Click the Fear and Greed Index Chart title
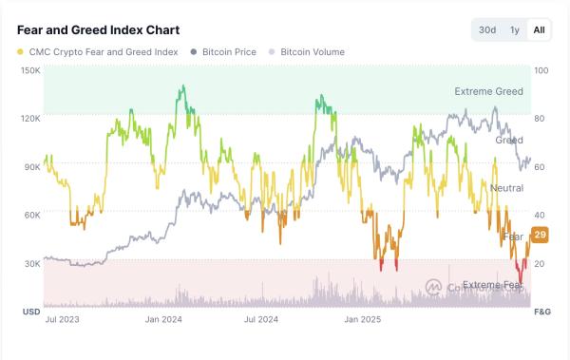tap(85, 30)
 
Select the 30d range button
tap(487, 30)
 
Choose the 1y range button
tap(515, 30)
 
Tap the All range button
tap(539, 30)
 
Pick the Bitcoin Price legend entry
tap(223, 52)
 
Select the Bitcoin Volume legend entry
tap(307, 52)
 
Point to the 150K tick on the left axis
tap(29, 70)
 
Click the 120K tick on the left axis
tap(29, 119)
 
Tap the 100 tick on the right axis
tap(541, 70)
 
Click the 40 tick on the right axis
tap(541, 215)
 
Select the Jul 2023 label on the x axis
tap(63, 321)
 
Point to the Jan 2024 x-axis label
tap(164, 321)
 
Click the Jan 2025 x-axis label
tap(362, 321)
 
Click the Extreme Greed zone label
tap(488, 92)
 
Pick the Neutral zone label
tap(506, 188)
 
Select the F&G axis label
tap(542, 312)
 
